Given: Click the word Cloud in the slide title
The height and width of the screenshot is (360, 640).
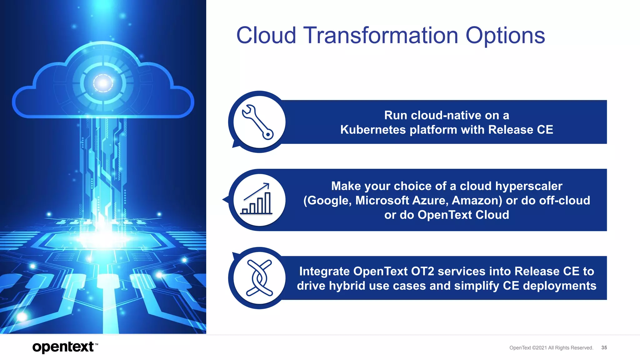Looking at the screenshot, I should pos(266,35).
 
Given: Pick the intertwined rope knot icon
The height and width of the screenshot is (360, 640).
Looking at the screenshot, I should pos(259,278).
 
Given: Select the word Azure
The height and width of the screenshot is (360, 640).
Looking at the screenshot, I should pos(430,200).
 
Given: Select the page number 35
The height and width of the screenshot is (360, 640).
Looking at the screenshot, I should pos(604,347).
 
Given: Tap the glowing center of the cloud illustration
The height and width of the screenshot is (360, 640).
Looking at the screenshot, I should pos(103,83).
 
